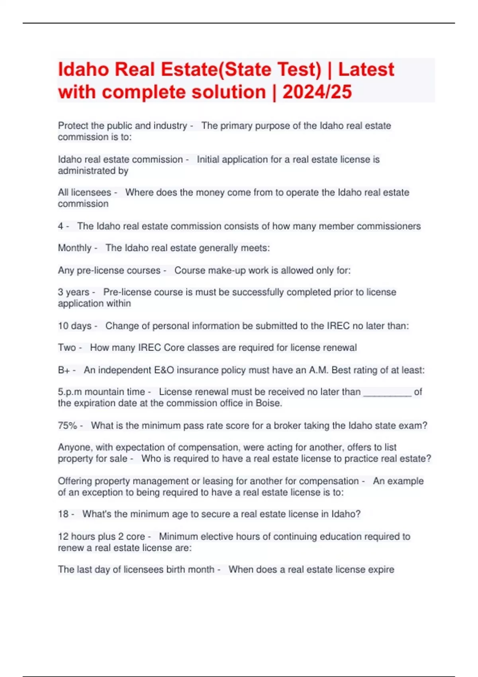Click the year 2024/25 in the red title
pos(317,92)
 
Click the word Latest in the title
pos(366,69)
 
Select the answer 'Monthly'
pos(74,248)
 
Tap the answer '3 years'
pos(73,292)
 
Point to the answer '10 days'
pos(74,326)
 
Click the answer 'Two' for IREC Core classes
pos(67,348)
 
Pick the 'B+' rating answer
pos(64,370)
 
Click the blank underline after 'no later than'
pos(387,393)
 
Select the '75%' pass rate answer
pos(67,425)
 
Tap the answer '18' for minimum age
pos(63,514)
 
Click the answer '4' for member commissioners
pos(60,226)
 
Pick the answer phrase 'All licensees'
pos(84,193)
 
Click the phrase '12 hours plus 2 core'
pos(101,536)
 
